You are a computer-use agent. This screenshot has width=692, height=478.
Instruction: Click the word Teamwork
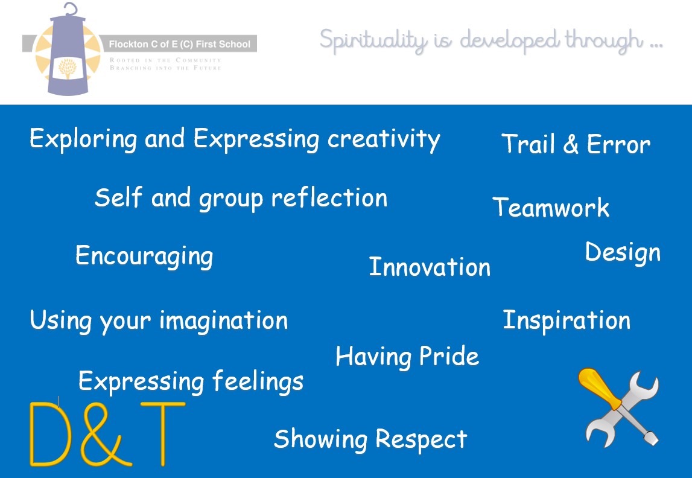coord(551,207)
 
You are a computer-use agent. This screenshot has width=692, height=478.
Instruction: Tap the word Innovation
coord(430,267)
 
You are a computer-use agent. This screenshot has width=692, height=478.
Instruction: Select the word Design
coord(623,253)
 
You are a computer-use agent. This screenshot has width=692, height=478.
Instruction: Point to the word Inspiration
coord(567,321)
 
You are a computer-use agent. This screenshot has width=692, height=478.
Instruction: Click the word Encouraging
coord(144,257)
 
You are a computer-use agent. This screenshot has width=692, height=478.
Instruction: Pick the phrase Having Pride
coord(407,357)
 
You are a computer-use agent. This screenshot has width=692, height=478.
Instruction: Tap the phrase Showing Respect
coord(370,439)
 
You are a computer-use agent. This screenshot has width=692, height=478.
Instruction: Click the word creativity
coord(384,139)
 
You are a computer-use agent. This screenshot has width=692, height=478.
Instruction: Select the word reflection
coord(329,197)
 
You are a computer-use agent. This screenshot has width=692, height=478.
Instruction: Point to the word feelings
coord(258,381)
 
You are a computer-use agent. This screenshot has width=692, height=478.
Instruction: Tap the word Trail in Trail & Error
coord(528,144)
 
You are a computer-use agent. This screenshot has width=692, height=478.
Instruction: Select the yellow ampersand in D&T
coord(106,434)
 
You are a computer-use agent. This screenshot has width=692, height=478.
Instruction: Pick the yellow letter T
coord(163,434)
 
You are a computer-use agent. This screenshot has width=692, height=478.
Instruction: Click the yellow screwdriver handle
coord(599,389)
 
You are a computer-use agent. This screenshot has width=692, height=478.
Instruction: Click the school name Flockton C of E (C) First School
coord(180,44)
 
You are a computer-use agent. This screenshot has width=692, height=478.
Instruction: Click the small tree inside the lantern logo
coord(67,69)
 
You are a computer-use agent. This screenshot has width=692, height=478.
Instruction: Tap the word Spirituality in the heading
coord(373,40)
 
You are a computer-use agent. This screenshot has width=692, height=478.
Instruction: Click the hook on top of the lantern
coord(71,9)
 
